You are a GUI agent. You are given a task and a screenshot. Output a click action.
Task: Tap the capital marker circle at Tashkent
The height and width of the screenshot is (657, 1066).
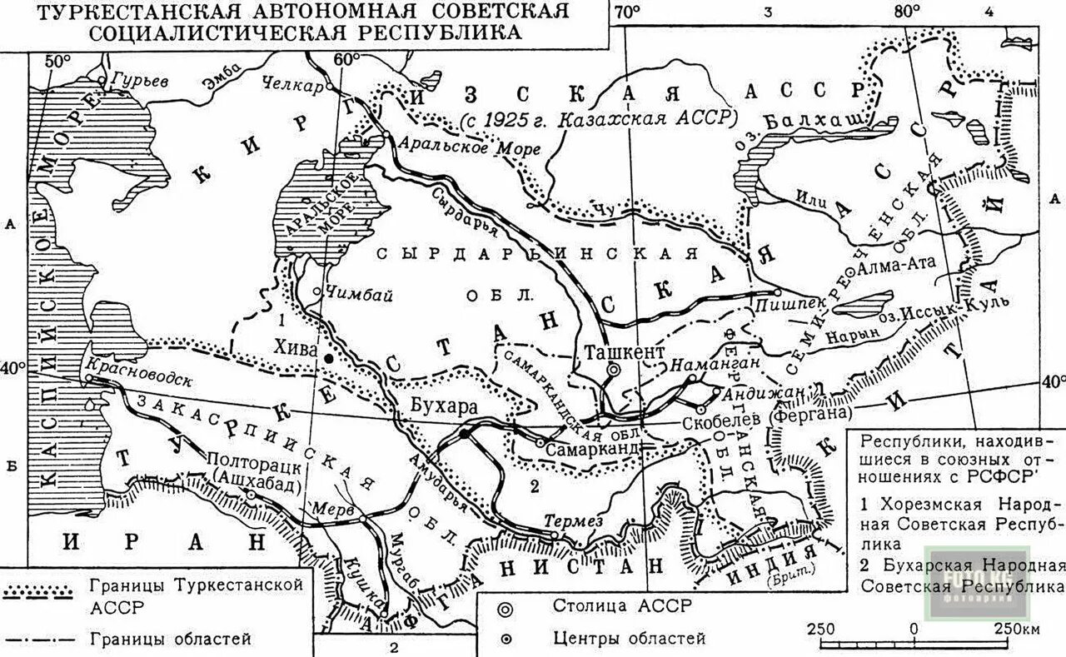tap(614, 370)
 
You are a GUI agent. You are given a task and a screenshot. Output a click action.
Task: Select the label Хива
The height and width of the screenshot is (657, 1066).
tap(301, 351)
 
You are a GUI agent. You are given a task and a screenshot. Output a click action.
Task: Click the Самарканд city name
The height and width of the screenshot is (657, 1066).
tap(592, 447)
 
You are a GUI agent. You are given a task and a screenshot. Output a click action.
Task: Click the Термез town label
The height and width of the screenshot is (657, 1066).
tap(573, 521)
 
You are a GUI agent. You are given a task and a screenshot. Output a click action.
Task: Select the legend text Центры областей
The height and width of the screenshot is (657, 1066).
tap(630, 639)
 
